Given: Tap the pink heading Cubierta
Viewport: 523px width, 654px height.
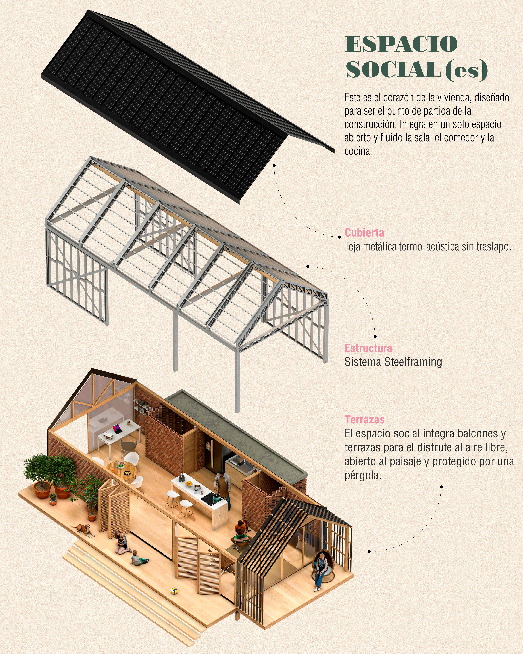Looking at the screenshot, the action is (364, 233).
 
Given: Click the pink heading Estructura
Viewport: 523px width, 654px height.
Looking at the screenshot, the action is (368, 348).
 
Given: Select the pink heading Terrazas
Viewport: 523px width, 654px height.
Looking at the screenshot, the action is (364, 420).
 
